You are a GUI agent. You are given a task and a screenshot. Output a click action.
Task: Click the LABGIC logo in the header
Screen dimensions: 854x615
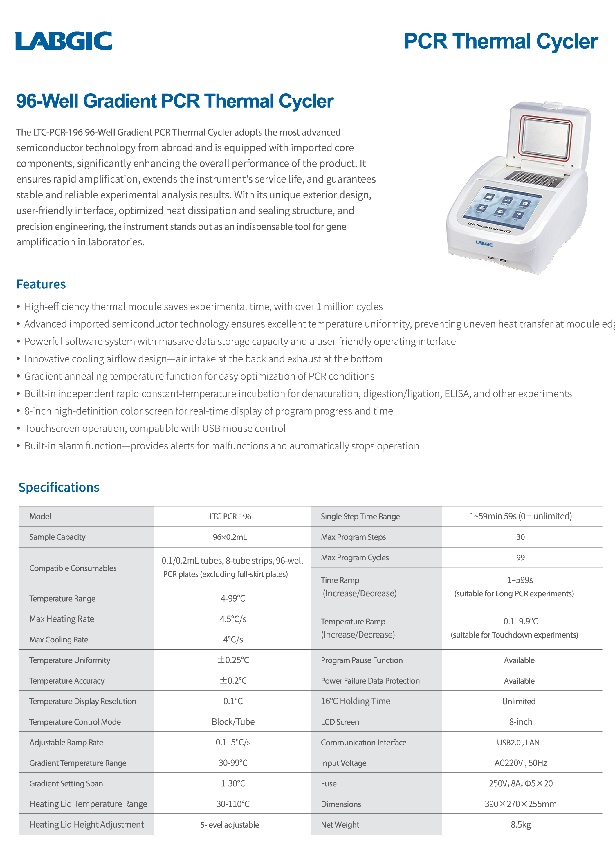(x=64, y=41)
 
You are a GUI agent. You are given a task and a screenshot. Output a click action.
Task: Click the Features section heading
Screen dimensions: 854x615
(x=41, y=284)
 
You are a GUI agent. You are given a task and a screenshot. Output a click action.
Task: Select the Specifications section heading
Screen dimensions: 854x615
(x=59, y=487)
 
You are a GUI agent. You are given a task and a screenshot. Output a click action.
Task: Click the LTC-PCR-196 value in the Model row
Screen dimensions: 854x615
(x=230, y=516)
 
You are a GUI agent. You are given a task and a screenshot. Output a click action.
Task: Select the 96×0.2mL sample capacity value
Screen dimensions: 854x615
(x=230, y=537)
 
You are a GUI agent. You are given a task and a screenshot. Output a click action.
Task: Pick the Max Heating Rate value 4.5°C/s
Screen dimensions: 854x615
(x=233, y=619)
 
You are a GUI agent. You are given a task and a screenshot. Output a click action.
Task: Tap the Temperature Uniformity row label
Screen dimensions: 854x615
(x=70, y=660)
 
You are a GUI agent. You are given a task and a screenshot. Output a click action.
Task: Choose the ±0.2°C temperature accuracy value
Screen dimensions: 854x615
(x=233, y=681)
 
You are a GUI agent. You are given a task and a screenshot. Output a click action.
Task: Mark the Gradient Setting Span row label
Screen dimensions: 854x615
(x=66, y=783)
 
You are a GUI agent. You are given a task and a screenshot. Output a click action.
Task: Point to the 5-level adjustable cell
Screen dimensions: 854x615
(x=230, y=825)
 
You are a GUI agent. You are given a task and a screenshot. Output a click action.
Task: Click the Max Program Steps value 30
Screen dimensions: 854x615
(x=520, y=537)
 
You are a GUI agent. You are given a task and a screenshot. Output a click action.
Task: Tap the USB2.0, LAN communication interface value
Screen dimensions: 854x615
(x=518, y=743)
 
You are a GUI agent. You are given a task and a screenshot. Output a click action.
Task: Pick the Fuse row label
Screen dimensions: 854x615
(x=329, y=783)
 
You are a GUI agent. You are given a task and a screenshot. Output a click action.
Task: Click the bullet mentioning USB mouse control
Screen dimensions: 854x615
(x=155, y=429)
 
